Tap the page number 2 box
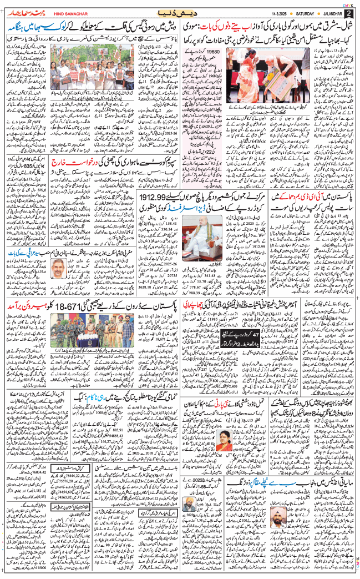click(348, 13)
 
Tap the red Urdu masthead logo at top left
click(26, 11)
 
